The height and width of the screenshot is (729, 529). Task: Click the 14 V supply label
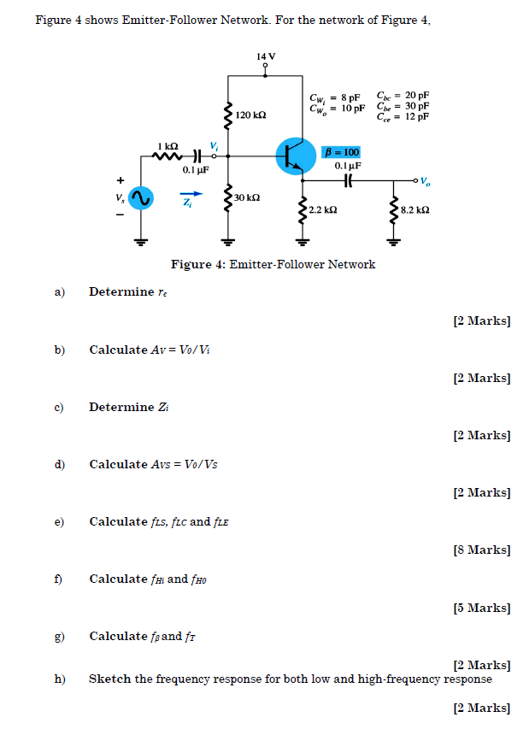pos(266,56)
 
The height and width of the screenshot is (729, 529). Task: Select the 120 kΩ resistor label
pos(251,115)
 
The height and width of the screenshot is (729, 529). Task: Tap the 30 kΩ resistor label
pos(246,197)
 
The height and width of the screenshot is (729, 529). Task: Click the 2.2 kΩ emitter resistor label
pos(323,209)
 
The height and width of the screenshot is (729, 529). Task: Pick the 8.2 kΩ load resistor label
pos(414,209)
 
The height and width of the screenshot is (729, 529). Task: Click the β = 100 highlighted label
pos(344,151)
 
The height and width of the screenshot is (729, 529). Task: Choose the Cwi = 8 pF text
pos(337,97)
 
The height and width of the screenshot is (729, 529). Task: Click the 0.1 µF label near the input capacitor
pos(196,169)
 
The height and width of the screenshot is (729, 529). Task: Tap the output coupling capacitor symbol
pos(348,180)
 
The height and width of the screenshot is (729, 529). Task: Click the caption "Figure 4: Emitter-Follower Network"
pos(273,264)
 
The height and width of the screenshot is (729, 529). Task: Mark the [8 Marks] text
pos(482,550)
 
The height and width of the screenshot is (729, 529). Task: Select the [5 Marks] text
pos(482,608)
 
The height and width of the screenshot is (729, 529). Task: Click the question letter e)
pos(60,521)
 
